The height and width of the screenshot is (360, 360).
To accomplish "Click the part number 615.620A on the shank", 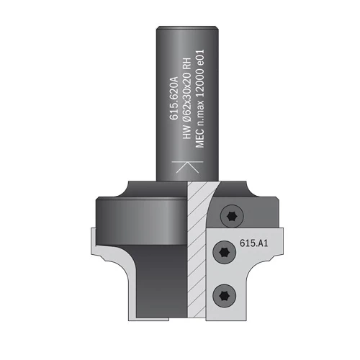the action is (174, 98).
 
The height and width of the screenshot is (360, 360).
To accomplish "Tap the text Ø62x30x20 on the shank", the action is (187, 100).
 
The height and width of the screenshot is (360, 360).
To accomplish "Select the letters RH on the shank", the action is (187, 64).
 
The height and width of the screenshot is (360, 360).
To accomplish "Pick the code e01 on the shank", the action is (199, 58).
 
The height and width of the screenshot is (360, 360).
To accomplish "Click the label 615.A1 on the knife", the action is (254, 243).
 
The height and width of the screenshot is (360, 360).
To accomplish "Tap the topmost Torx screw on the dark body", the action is (232, 217).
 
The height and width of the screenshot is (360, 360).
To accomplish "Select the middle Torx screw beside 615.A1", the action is (225, 252).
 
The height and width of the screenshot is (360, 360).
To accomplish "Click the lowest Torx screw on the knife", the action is (225, 295).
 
